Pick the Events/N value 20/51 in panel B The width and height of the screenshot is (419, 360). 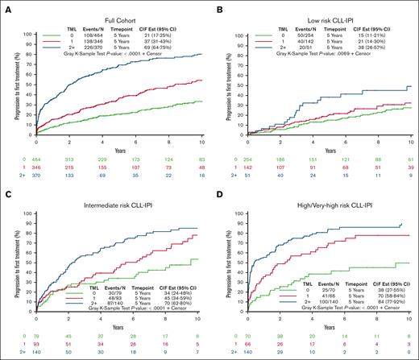click(305, 51)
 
